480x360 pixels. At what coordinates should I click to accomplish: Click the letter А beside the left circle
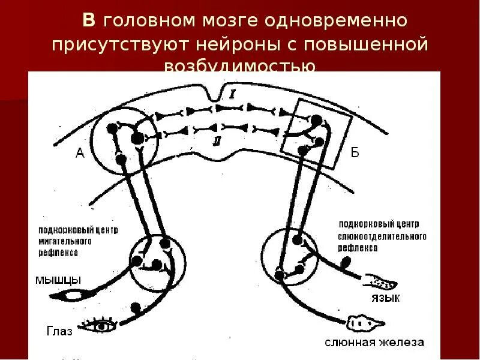79,154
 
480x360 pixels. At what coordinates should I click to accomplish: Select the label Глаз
58,330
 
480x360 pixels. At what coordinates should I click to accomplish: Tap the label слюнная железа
375,343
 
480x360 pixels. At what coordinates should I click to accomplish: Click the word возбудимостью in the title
240,66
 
